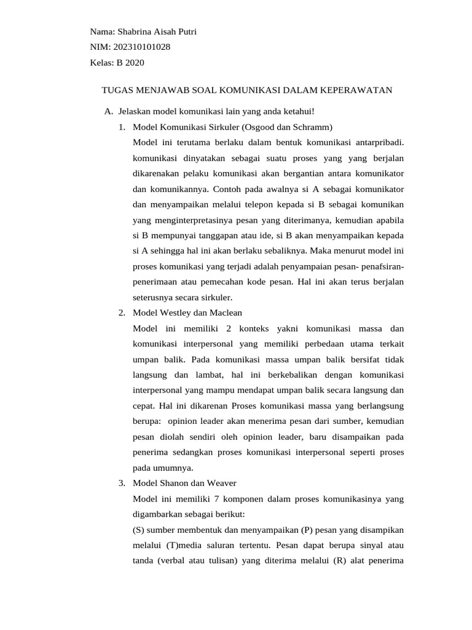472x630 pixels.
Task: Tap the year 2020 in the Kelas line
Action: (134, 62)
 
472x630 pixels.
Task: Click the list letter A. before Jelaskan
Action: (109, 111)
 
